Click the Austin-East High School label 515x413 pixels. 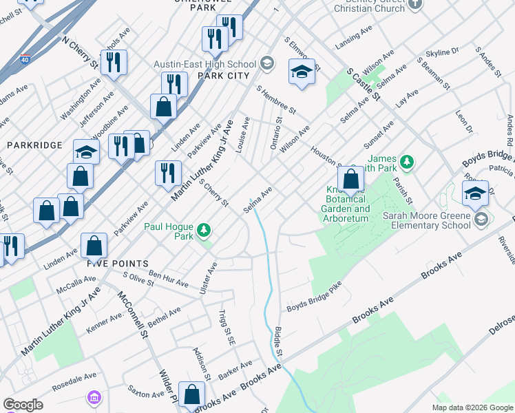click(x=204, y=63)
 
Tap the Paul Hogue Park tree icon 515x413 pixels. click(x=203, y=230)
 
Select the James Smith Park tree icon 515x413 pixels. click(x=408, y=162)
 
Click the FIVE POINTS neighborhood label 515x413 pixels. click(x=118, y=264)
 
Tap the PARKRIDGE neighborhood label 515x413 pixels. click(x=34, y=145)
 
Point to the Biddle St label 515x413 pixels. click(x=279, y=341)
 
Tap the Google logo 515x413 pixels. click(x=23, y=405)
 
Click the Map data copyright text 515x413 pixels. click(x=472, y=407)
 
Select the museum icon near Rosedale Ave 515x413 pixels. click(x=94, y=398)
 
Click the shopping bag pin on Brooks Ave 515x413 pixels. click(x=192, y=394)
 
